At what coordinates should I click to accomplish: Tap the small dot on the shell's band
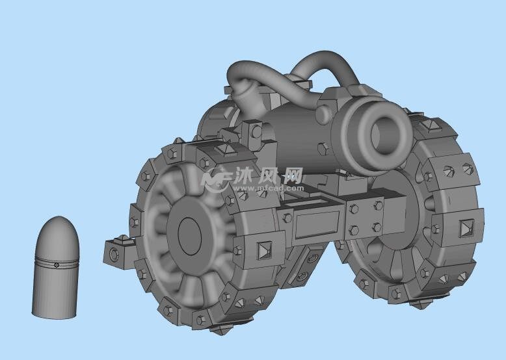click(57, 264)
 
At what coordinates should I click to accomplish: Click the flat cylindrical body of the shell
click(55, 292)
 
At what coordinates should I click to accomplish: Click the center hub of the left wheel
click(190, 235)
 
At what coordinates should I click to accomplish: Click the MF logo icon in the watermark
click(215, 178)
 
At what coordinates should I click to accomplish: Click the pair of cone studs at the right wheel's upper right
click(457, 170)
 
